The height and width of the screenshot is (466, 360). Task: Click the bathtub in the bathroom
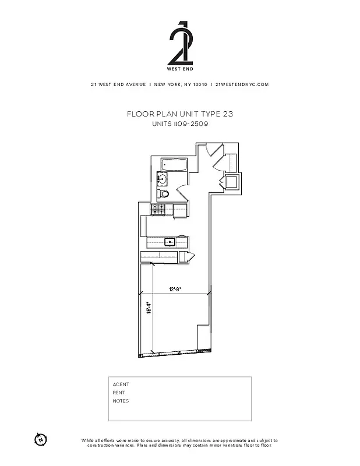(x=174, y=165)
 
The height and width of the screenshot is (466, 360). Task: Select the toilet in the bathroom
(x=164, y=194)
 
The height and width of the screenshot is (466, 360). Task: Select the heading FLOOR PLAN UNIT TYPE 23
(x=179, y=115)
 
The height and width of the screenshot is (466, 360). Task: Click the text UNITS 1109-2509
(x=179, y=124)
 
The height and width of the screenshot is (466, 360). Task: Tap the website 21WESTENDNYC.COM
(x=242, y=84)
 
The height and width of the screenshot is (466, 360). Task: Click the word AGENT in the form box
(x=121, y=384)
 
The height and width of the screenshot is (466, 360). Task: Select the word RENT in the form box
(x=119, y=393)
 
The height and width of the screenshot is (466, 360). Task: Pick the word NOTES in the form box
(x=121, y=401)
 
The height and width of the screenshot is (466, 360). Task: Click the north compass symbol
(x=40, y=439)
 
